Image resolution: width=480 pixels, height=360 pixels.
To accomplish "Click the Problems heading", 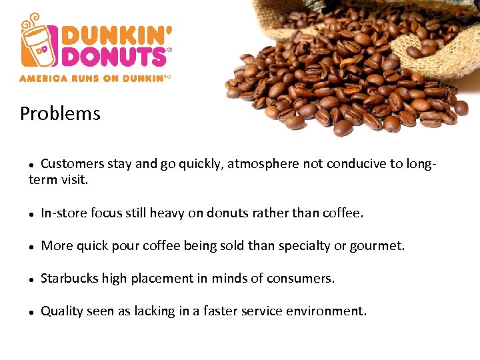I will pyautogui.click(x=60, y=114).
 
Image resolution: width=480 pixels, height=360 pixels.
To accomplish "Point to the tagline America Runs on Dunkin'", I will pyautogui.click(x=95, y=78).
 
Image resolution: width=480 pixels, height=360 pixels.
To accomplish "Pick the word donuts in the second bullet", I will pyautogui.click(x=229, y=213).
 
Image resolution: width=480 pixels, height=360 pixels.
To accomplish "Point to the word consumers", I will pyautogui.click(x=300, y=278).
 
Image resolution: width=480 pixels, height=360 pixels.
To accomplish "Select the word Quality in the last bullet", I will pyautogui.click(x=62, y=311).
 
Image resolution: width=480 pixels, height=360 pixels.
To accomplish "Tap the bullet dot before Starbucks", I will pyautogui.click(x=31, y=279).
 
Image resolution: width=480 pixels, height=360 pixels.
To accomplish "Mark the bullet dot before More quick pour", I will pyautogui.click(x=31, y=247).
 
